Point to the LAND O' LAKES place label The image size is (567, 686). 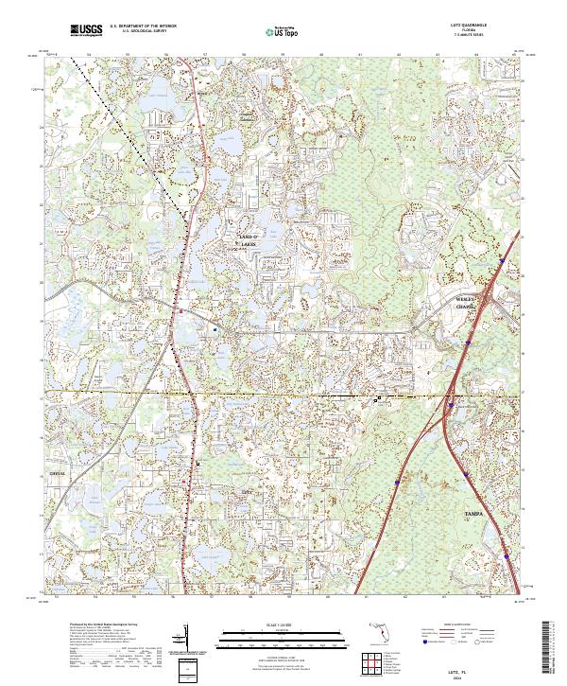(x=248, y=239)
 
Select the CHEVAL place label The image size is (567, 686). (x=57, y=472)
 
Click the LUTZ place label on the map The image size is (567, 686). (x=248, y=493)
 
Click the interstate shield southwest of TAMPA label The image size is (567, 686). (x=398, y=482)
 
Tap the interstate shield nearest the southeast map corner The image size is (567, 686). (x=507, y=557)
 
